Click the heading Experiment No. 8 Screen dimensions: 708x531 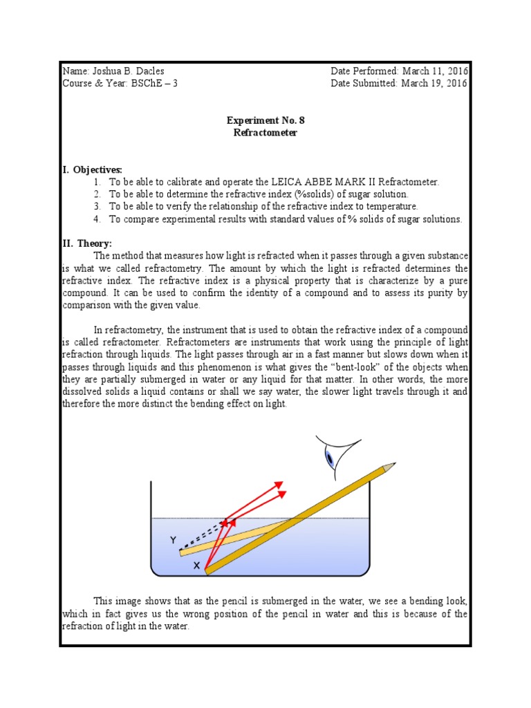[265, 120]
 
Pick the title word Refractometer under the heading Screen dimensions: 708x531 [265, 133]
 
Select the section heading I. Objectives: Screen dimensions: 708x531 [92, 169]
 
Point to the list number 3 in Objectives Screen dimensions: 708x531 [97, 207]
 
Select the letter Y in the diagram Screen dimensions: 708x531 [174, 539]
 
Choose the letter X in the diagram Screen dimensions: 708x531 [196, 566]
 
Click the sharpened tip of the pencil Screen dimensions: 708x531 [391, 466]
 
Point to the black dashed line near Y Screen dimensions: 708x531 [203, 537]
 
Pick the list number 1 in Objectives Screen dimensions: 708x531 [97, 182]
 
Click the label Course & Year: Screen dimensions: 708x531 [91, 84]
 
